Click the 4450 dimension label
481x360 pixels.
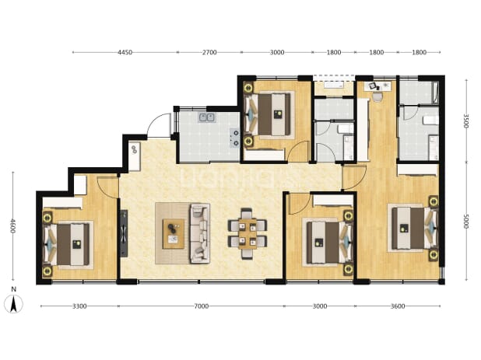click(x=125, y=52)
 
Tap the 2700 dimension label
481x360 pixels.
click(x=209, y=52)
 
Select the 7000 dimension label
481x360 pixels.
click(x=202, y=306)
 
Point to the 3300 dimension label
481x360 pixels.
click(x=79, y=306)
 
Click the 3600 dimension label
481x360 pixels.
click(x=398, y=306)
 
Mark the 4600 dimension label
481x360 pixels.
click(x=12, y=225)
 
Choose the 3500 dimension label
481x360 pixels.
click(x=466, y=121)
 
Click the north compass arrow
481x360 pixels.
click(x=13, y=304)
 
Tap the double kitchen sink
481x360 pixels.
click(x=207, y=117)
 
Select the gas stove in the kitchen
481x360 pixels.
click(x=235, y=138)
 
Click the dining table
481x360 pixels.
click(x=248, y=233)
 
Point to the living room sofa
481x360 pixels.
click(x=200, y=233)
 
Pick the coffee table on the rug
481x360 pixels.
click(x=174, y=233)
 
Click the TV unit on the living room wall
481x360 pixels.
click(x=124, y=233)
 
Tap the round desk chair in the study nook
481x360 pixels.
click(x=377, y=97)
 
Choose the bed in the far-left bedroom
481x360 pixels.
click(x=68, y=244)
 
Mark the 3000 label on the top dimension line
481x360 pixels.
click(x=277, y=52)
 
